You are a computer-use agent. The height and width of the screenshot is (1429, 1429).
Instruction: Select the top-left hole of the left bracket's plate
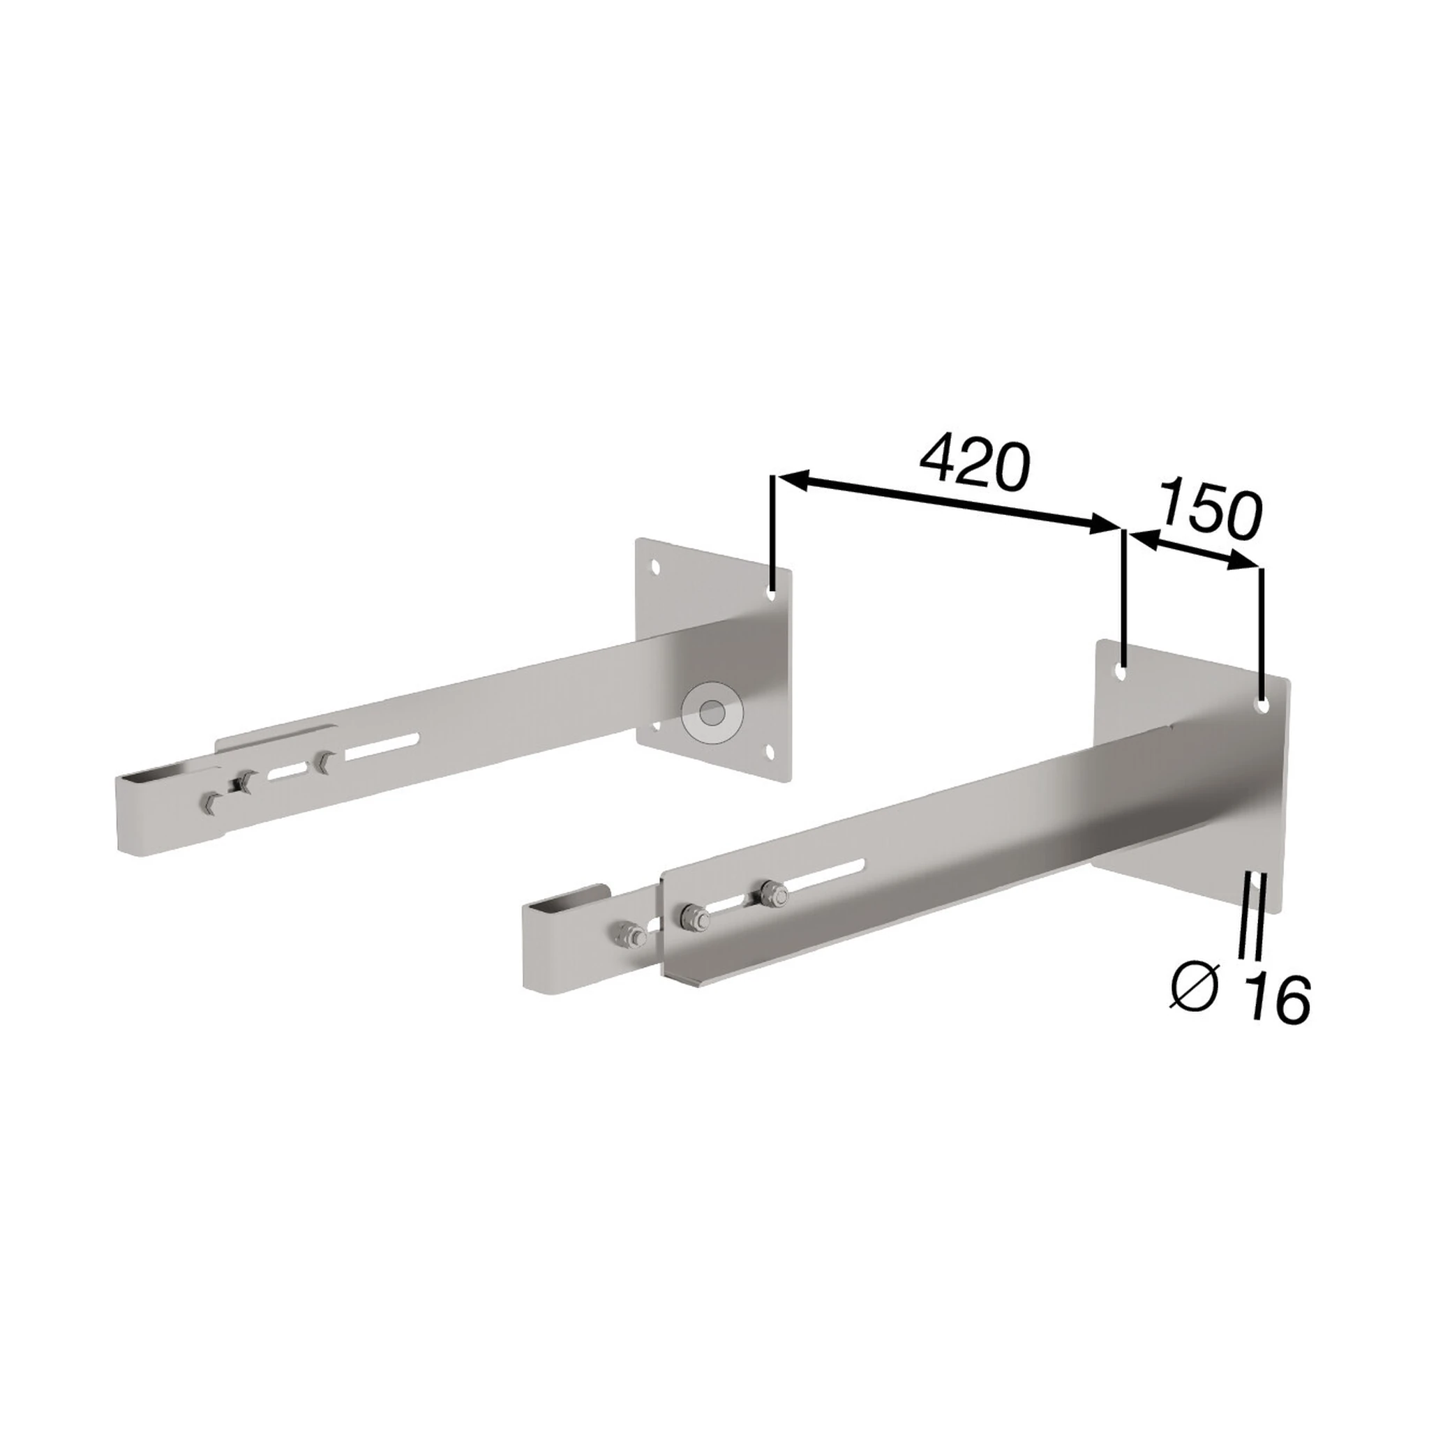(x=654, y=567)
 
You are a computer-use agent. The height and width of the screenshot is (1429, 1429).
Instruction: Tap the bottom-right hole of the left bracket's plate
(x=772, y=752)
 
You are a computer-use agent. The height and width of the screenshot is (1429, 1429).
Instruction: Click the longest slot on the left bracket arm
(x=384, y=747)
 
